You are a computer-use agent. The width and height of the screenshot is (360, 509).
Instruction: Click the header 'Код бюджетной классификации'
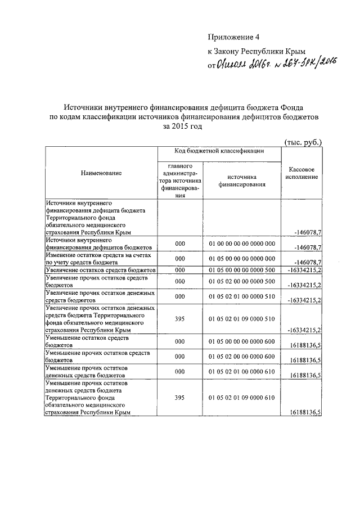coord(218,151)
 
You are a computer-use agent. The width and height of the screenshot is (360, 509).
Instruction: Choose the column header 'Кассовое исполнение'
coord(301,173)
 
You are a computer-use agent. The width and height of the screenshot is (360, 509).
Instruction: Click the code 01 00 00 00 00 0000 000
coord(241,244)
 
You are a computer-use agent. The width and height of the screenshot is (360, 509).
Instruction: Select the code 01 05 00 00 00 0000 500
coord(241,271)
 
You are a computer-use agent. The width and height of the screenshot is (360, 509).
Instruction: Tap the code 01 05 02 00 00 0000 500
coord(241,282)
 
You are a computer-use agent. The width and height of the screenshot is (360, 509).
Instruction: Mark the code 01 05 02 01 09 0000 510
coord(241,318)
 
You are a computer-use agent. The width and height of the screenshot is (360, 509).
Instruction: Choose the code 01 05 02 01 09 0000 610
coord(241,398)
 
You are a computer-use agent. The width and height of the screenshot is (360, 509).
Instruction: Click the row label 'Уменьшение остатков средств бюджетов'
coord(83,341)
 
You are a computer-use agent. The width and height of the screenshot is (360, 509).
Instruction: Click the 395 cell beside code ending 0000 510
coord(180,318)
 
